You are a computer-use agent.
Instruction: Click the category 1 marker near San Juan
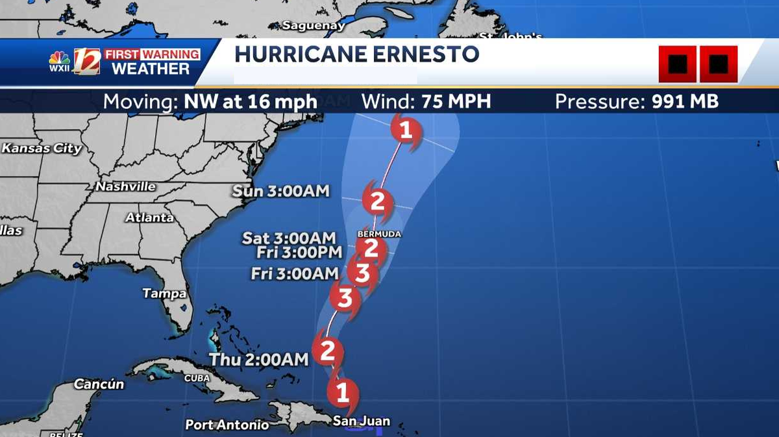coord(342,392)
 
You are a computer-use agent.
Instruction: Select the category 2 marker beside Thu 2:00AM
coord(327,351)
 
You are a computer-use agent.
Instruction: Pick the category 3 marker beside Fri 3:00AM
coord(362,273)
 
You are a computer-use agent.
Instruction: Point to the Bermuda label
coord(380,233)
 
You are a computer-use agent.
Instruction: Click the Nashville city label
coord(126,187)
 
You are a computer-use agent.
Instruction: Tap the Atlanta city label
coord(149,218)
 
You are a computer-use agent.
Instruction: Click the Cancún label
coord(99,384)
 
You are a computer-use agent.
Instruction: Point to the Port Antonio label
coord(227,425)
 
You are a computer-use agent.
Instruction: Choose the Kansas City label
coord(42,148)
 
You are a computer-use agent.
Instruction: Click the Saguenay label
coord(314,26)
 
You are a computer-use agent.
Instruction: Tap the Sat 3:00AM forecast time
coord(289,238)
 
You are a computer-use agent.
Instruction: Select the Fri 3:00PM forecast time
coord(299,253)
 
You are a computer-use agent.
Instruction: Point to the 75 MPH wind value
coord(456,102)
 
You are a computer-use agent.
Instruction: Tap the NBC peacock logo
coord(59,59)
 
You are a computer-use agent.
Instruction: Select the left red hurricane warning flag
coord(677,64)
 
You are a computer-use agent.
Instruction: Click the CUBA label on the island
coord(197,378)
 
